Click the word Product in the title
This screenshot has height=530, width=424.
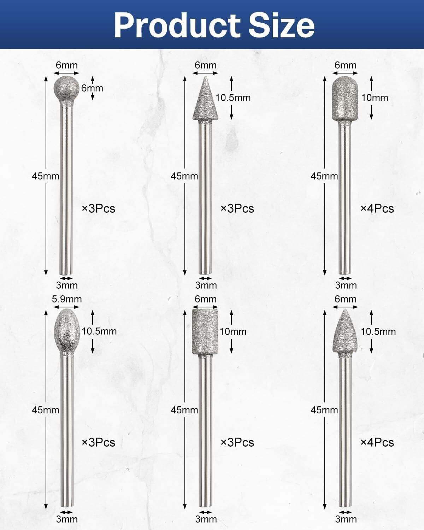pos(177,25)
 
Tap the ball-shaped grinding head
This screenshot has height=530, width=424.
pos(66,88)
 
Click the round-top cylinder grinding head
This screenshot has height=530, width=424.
pos(345,99)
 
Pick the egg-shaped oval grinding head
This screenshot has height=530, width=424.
pos(67,331)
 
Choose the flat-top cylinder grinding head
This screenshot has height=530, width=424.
pos(205,331)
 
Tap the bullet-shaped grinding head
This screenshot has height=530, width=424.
pos(345,331)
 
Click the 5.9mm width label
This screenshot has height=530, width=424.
pos(67,299)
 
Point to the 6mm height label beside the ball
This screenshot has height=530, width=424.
pos(92,88)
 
